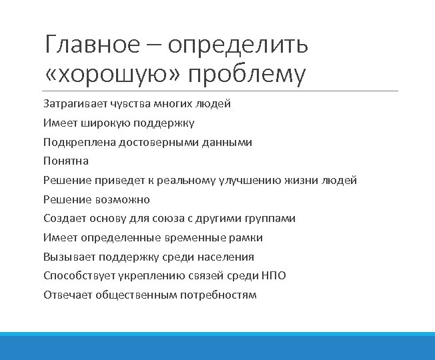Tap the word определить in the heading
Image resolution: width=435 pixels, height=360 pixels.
238,45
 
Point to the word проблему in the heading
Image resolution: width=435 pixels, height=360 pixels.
246,75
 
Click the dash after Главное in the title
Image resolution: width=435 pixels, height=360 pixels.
154,45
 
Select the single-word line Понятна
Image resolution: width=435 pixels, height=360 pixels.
66,161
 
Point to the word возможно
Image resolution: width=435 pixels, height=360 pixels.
124,199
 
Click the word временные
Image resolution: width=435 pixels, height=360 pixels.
197,238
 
